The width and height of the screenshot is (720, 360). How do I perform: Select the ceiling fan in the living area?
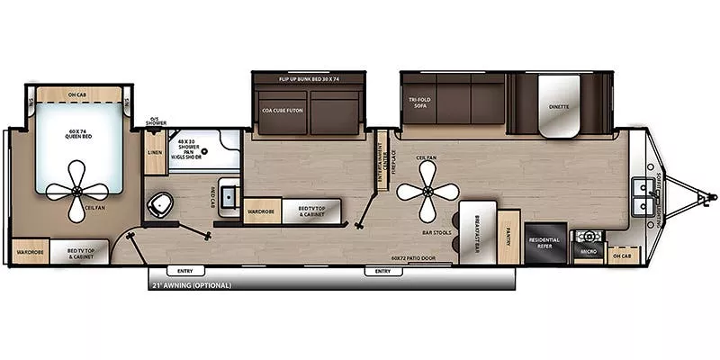[x=427, y=193]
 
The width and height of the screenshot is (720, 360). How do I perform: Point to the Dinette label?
[x=559, y=106]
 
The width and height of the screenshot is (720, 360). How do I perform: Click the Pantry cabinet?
[x=508, y=237]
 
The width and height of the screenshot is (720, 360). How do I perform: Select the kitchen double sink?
[x=643, y=196]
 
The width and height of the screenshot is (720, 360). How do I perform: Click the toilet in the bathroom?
[x=161, y=205]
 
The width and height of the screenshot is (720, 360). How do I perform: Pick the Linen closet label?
[x=155, y=153]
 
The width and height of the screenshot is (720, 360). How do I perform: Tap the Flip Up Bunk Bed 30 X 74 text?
[x=308, y=79]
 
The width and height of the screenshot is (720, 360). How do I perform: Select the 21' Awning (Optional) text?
[x=191, y=285]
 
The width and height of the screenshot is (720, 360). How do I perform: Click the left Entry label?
[x=184, y=271]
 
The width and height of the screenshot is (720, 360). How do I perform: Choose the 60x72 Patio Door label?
[x=413, y=258]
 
